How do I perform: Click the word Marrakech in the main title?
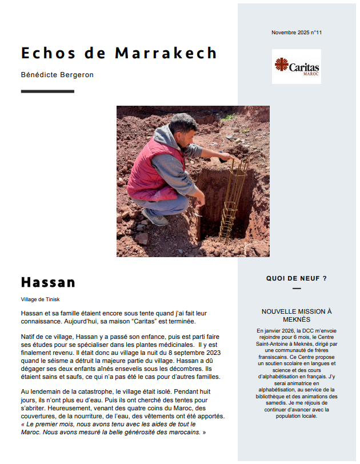(166, 53)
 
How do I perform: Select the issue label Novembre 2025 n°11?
(297, 33)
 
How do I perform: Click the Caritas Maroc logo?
(296, 67)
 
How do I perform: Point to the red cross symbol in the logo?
(281, 65)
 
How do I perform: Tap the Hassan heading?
(48, 282)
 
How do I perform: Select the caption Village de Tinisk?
(40, 299)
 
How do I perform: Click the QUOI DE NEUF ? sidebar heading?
(296, 278)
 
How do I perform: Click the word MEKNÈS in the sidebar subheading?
(296, 319)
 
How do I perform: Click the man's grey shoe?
(154, 218)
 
